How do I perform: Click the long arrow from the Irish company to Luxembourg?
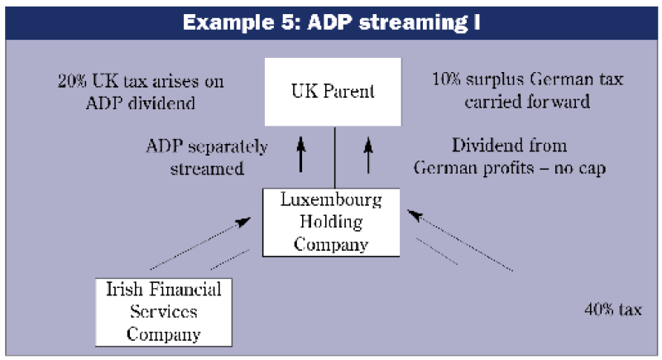199,242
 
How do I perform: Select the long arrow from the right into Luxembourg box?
463,241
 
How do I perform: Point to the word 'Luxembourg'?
333,201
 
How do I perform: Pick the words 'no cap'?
586,166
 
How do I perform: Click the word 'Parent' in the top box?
351,90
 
